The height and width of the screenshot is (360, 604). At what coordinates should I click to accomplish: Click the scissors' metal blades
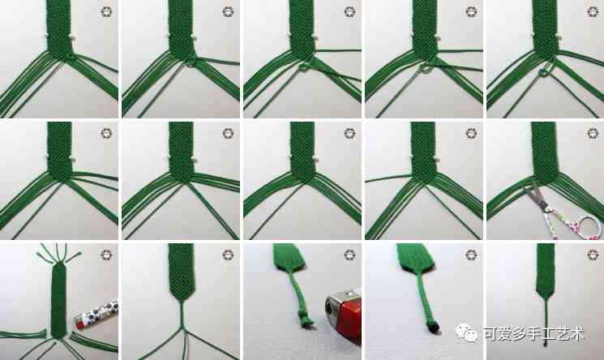(536, 195)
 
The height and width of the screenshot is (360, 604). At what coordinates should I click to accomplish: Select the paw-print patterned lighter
(96, 314)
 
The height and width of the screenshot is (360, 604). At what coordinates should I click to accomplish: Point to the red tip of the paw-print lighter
(79, 324)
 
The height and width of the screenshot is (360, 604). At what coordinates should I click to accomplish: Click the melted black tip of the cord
(433, 328)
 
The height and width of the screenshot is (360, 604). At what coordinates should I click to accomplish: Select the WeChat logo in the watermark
(465, 332)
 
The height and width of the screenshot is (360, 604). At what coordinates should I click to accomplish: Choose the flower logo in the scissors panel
(593, 133)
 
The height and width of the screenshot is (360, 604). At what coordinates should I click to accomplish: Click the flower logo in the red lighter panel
(349, 255)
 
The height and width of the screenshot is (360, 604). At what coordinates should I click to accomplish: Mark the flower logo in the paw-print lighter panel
(107, 255)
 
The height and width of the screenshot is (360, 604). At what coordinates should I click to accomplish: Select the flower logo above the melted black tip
(471, 255)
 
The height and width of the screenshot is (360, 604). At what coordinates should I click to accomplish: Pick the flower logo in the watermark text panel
(593, 255)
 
